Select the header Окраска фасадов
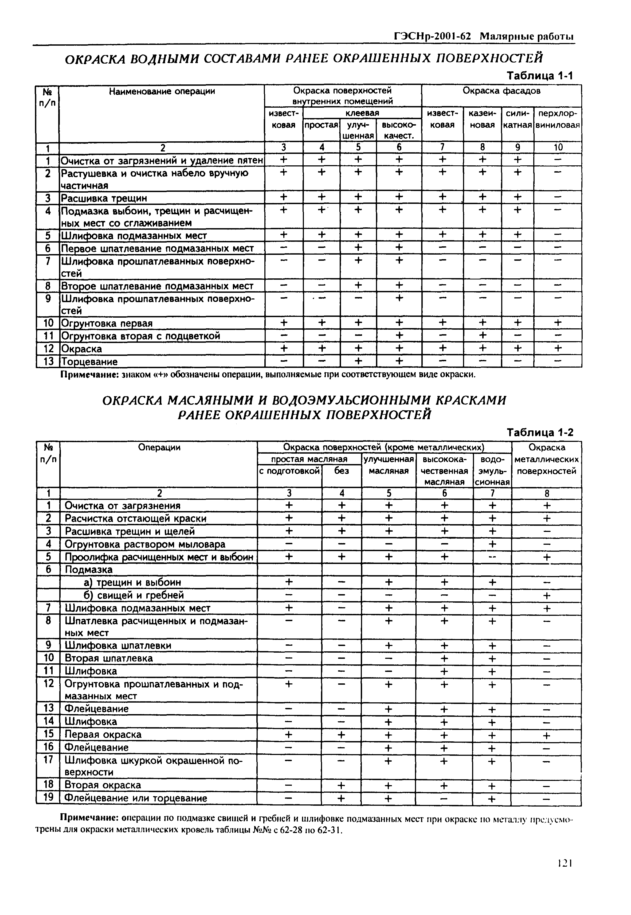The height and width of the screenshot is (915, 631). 501,91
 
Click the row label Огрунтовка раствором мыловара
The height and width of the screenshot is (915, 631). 145,544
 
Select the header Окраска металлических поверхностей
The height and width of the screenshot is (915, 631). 546,460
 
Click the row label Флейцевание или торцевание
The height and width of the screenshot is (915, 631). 136,798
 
